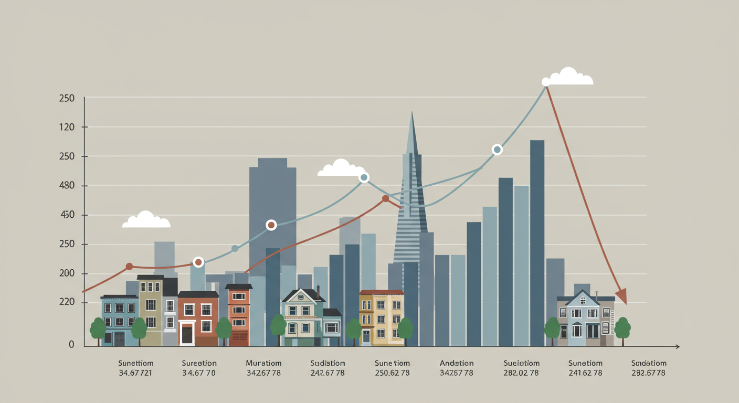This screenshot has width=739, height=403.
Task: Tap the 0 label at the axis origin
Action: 71,345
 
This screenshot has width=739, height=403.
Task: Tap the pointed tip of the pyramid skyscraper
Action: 411,113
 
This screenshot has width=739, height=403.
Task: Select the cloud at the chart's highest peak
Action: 568,77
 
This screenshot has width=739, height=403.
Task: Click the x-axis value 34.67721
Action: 135,373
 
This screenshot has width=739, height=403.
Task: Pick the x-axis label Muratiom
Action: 263,363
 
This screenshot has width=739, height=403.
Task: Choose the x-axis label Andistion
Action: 456,363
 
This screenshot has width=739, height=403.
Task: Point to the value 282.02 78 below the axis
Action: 521,373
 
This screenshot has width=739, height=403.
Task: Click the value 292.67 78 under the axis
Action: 649,373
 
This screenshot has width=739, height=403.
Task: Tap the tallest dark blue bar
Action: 537,241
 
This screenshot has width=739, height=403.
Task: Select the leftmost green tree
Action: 98,330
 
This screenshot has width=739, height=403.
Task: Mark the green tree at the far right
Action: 622,328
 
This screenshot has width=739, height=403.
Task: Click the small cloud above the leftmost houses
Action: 146,220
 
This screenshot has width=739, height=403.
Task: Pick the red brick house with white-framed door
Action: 198,319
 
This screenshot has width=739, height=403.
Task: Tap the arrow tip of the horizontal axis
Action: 678,346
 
